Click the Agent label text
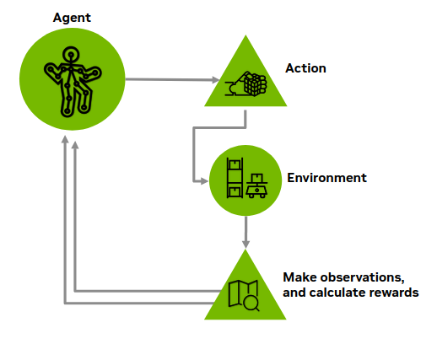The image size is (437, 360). pos(72,18)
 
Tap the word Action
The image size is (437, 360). pos(305,68)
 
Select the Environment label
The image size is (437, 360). pos(326,178)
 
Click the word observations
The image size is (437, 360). pos(363,277)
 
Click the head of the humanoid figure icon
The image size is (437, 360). pos(71,55)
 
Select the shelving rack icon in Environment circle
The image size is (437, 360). pos(235,178)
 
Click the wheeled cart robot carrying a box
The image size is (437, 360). pos(256,186)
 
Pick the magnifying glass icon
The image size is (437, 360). pos(251,304)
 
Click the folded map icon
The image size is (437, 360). pos(242,293)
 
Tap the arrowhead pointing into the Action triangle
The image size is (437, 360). pos(216,80)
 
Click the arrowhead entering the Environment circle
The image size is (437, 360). pos(204,181)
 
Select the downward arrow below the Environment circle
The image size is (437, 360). pos(245,233)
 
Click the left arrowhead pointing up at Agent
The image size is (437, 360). pos(65,139)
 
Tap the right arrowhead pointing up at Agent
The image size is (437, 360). pos(75,145)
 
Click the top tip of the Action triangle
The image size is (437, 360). pos(245,35)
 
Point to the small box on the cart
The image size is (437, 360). pos(256,178)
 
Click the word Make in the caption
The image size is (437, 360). pos(300,277)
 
